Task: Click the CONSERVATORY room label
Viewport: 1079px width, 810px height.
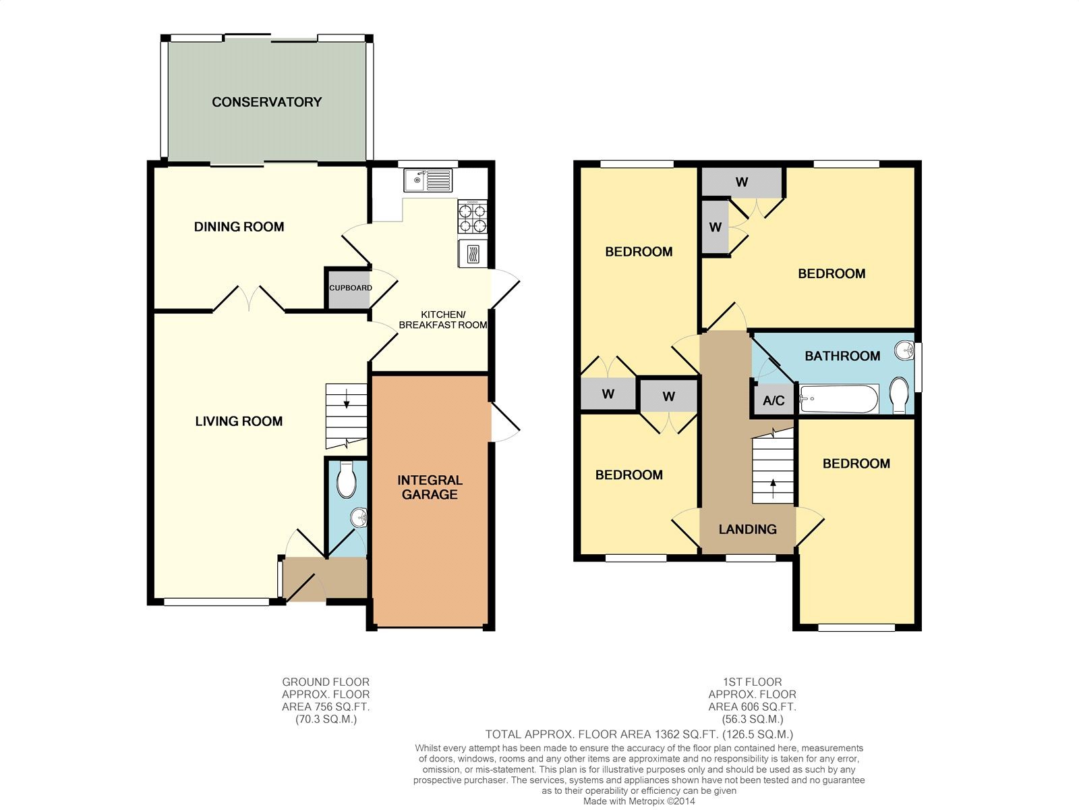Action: (x=266, y=102)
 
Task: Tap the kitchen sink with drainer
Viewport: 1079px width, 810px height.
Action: (x=428, y=180)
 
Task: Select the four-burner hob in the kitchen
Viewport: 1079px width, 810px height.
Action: (x=473, y=217)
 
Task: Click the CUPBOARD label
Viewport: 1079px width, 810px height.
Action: (x=351, y=288)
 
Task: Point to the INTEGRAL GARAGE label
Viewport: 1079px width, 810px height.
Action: (x=430, y=487)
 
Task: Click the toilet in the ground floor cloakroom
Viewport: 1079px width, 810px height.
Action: (x=346, y=479)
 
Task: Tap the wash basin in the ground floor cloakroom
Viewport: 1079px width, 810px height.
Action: (x=359, y=517)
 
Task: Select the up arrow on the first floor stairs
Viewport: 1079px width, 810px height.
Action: (x=773, y=488)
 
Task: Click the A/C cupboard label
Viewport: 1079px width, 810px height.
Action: (x=774, y=401)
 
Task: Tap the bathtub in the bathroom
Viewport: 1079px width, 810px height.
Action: (x=839, y=399)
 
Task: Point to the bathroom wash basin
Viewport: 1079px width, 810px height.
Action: (x=904, y=350)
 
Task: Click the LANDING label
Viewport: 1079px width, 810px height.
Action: (x=748, y=529)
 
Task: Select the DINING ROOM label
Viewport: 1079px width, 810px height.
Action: (x=239, y=227)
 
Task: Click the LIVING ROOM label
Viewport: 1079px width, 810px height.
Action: (x=239, y=421)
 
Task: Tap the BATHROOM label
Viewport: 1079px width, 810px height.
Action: (x=842, y=356)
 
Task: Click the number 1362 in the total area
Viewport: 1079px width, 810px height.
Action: (x=666, y=734)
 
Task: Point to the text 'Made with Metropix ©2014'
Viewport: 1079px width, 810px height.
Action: (x=639, y=801)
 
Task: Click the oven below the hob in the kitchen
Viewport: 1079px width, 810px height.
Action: (x=473, y=254)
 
